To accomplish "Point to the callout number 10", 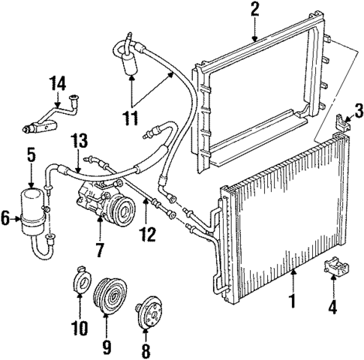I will point(80,328).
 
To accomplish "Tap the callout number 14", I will point(57,82).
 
